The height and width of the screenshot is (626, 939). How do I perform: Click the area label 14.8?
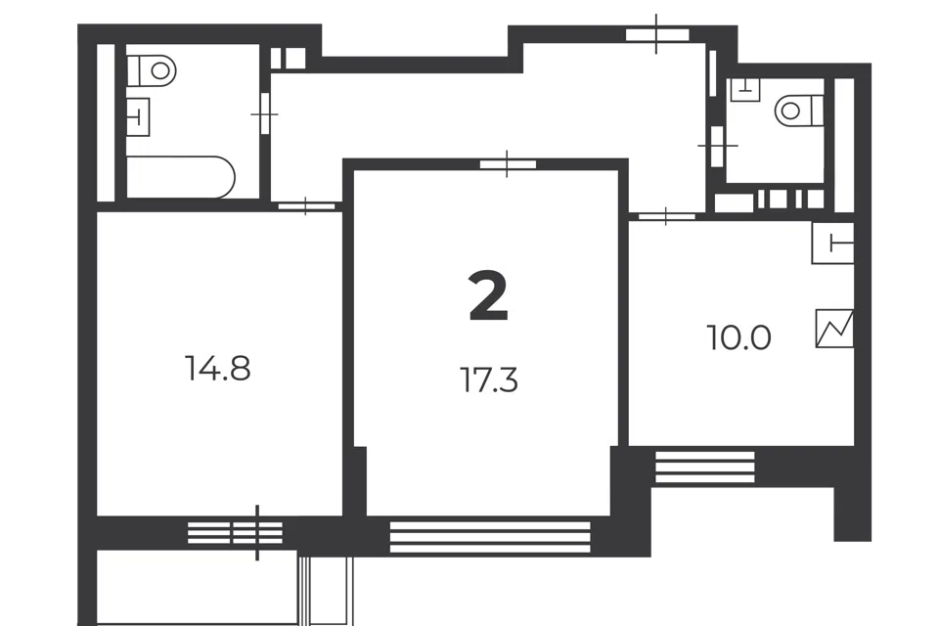pos(218,368)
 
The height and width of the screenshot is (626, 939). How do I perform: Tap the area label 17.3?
pos(489,380)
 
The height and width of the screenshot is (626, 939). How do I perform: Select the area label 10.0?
pos(739,337)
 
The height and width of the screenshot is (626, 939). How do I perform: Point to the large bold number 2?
pos(489,295)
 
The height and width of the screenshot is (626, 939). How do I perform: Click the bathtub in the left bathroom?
pos(181,177)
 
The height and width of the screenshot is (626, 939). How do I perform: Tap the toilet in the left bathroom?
pos(153,70)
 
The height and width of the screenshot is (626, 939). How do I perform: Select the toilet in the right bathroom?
pos(799,111)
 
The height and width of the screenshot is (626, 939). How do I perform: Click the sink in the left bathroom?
pos(138,116)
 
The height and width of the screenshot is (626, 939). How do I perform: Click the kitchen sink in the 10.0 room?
pos(832,243)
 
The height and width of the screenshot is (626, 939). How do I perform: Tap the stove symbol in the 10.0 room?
pos(834,328)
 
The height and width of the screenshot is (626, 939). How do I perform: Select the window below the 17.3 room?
pos(490,537)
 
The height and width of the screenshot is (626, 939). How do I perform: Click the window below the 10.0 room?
pos(705,467)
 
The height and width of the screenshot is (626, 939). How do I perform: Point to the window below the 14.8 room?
pos(235,532)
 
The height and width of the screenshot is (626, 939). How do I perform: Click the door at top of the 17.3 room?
pos(508,164)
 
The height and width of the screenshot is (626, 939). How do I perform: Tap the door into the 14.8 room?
pos(306,206)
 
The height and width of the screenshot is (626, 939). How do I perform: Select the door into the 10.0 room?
pos(666,216)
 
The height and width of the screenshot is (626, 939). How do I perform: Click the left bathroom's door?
pos(265,113)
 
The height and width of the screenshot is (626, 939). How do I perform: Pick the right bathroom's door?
pos(716,146)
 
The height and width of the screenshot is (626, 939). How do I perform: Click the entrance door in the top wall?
pos(657,35)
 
